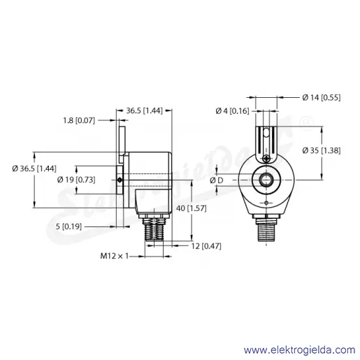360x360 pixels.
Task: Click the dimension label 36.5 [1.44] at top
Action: coord(144,110)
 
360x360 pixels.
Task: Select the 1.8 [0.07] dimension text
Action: coord(79,120)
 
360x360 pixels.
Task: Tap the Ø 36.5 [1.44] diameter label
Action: coord(34,168)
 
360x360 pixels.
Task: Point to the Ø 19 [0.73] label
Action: coord(76,180)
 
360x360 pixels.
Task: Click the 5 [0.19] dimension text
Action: coord(69,226)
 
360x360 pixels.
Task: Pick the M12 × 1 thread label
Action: coord(114,256)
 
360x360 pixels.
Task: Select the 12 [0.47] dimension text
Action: coord(206,246)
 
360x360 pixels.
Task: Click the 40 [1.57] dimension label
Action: coord(192,208)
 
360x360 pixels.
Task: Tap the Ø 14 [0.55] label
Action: coord(322,97)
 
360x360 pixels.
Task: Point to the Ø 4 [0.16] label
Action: coord(232,111)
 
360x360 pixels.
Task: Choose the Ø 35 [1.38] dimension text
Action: coord(322,150)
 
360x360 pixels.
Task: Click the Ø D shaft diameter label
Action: coord(217,180)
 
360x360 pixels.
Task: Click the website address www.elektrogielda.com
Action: coord(300,350)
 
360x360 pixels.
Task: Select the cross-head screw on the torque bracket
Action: coord(266,159)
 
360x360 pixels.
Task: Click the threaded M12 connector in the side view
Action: coord(154,229)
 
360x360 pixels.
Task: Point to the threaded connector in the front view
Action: coord(266,229)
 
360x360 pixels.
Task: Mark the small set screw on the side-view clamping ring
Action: coord(120,180)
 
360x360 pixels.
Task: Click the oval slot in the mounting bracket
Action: coord(266,134)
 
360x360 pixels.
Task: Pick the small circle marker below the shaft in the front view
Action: coord(266,203)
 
